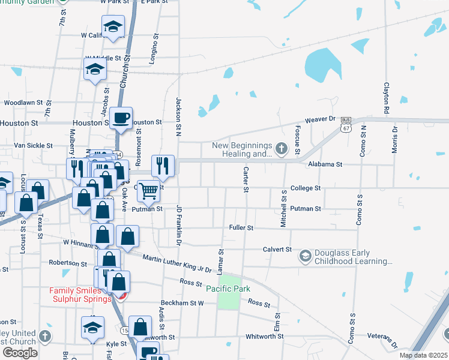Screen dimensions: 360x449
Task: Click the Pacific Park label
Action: click(228, 289)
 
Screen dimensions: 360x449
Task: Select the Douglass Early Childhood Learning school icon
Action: click(306, 256)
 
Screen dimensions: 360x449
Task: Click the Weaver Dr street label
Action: click(319, 120)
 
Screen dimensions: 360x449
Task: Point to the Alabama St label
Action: click(324, 164)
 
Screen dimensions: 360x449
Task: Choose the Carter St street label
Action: click(246, 179)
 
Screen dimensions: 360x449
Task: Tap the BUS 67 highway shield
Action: click(345, 124)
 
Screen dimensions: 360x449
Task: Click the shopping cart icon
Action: click(148, 191)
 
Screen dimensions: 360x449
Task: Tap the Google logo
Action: click(20, 352)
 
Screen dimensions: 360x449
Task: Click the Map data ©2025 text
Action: click(423, 355)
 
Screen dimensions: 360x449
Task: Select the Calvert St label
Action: click(277, 249)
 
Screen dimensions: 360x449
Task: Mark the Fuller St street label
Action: click(241, 228)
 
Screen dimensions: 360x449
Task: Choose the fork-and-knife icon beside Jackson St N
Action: click(163, 165)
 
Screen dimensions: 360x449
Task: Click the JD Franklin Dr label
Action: click(178, 225)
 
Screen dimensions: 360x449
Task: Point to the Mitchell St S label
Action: click(283, 208)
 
